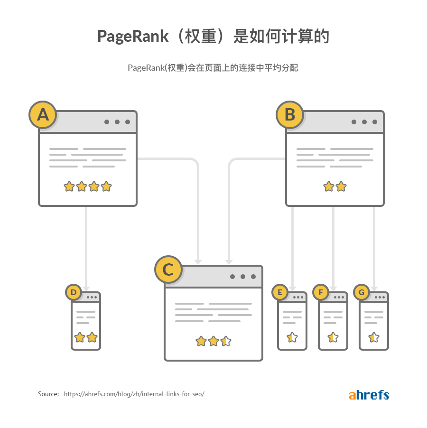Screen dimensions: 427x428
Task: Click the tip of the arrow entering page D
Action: pos(86,291)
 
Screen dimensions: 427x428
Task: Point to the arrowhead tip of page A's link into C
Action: pos(198,264)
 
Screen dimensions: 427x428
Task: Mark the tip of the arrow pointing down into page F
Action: pos(333,291)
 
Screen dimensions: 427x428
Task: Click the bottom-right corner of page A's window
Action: pos(137,206)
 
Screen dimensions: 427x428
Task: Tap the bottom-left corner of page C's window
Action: pos(165,361)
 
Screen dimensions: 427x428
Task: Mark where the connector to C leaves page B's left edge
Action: pos(286,158)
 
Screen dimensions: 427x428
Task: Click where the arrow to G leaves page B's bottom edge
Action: pos(374,206)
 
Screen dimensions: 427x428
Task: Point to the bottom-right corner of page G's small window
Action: pos(388,350)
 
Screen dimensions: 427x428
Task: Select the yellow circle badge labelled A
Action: pos(43,115)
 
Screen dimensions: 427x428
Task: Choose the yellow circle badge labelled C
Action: pos(168,270)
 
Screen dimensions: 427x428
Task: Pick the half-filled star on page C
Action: pos(226,341)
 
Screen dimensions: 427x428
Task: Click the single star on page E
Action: pos(292,337)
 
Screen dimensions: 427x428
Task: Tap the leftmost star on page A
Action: pos(69,186)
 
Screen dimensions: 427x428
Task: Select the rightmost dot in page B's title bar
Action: pos(375,122)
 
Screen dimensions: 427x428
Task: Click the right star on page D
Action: pos(92,337)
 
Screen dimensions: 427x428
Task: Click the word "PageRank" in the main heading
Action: pos(133,37)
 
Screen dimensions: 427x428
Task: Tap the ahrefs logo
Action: pos(369,395)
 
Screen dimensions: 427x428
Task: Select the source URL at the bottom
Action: pos(134,394)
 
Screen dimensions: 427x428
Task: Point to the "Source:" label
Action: pos(48,394)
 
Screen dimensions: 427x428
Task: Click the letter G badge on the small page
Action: pos(362,292)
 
